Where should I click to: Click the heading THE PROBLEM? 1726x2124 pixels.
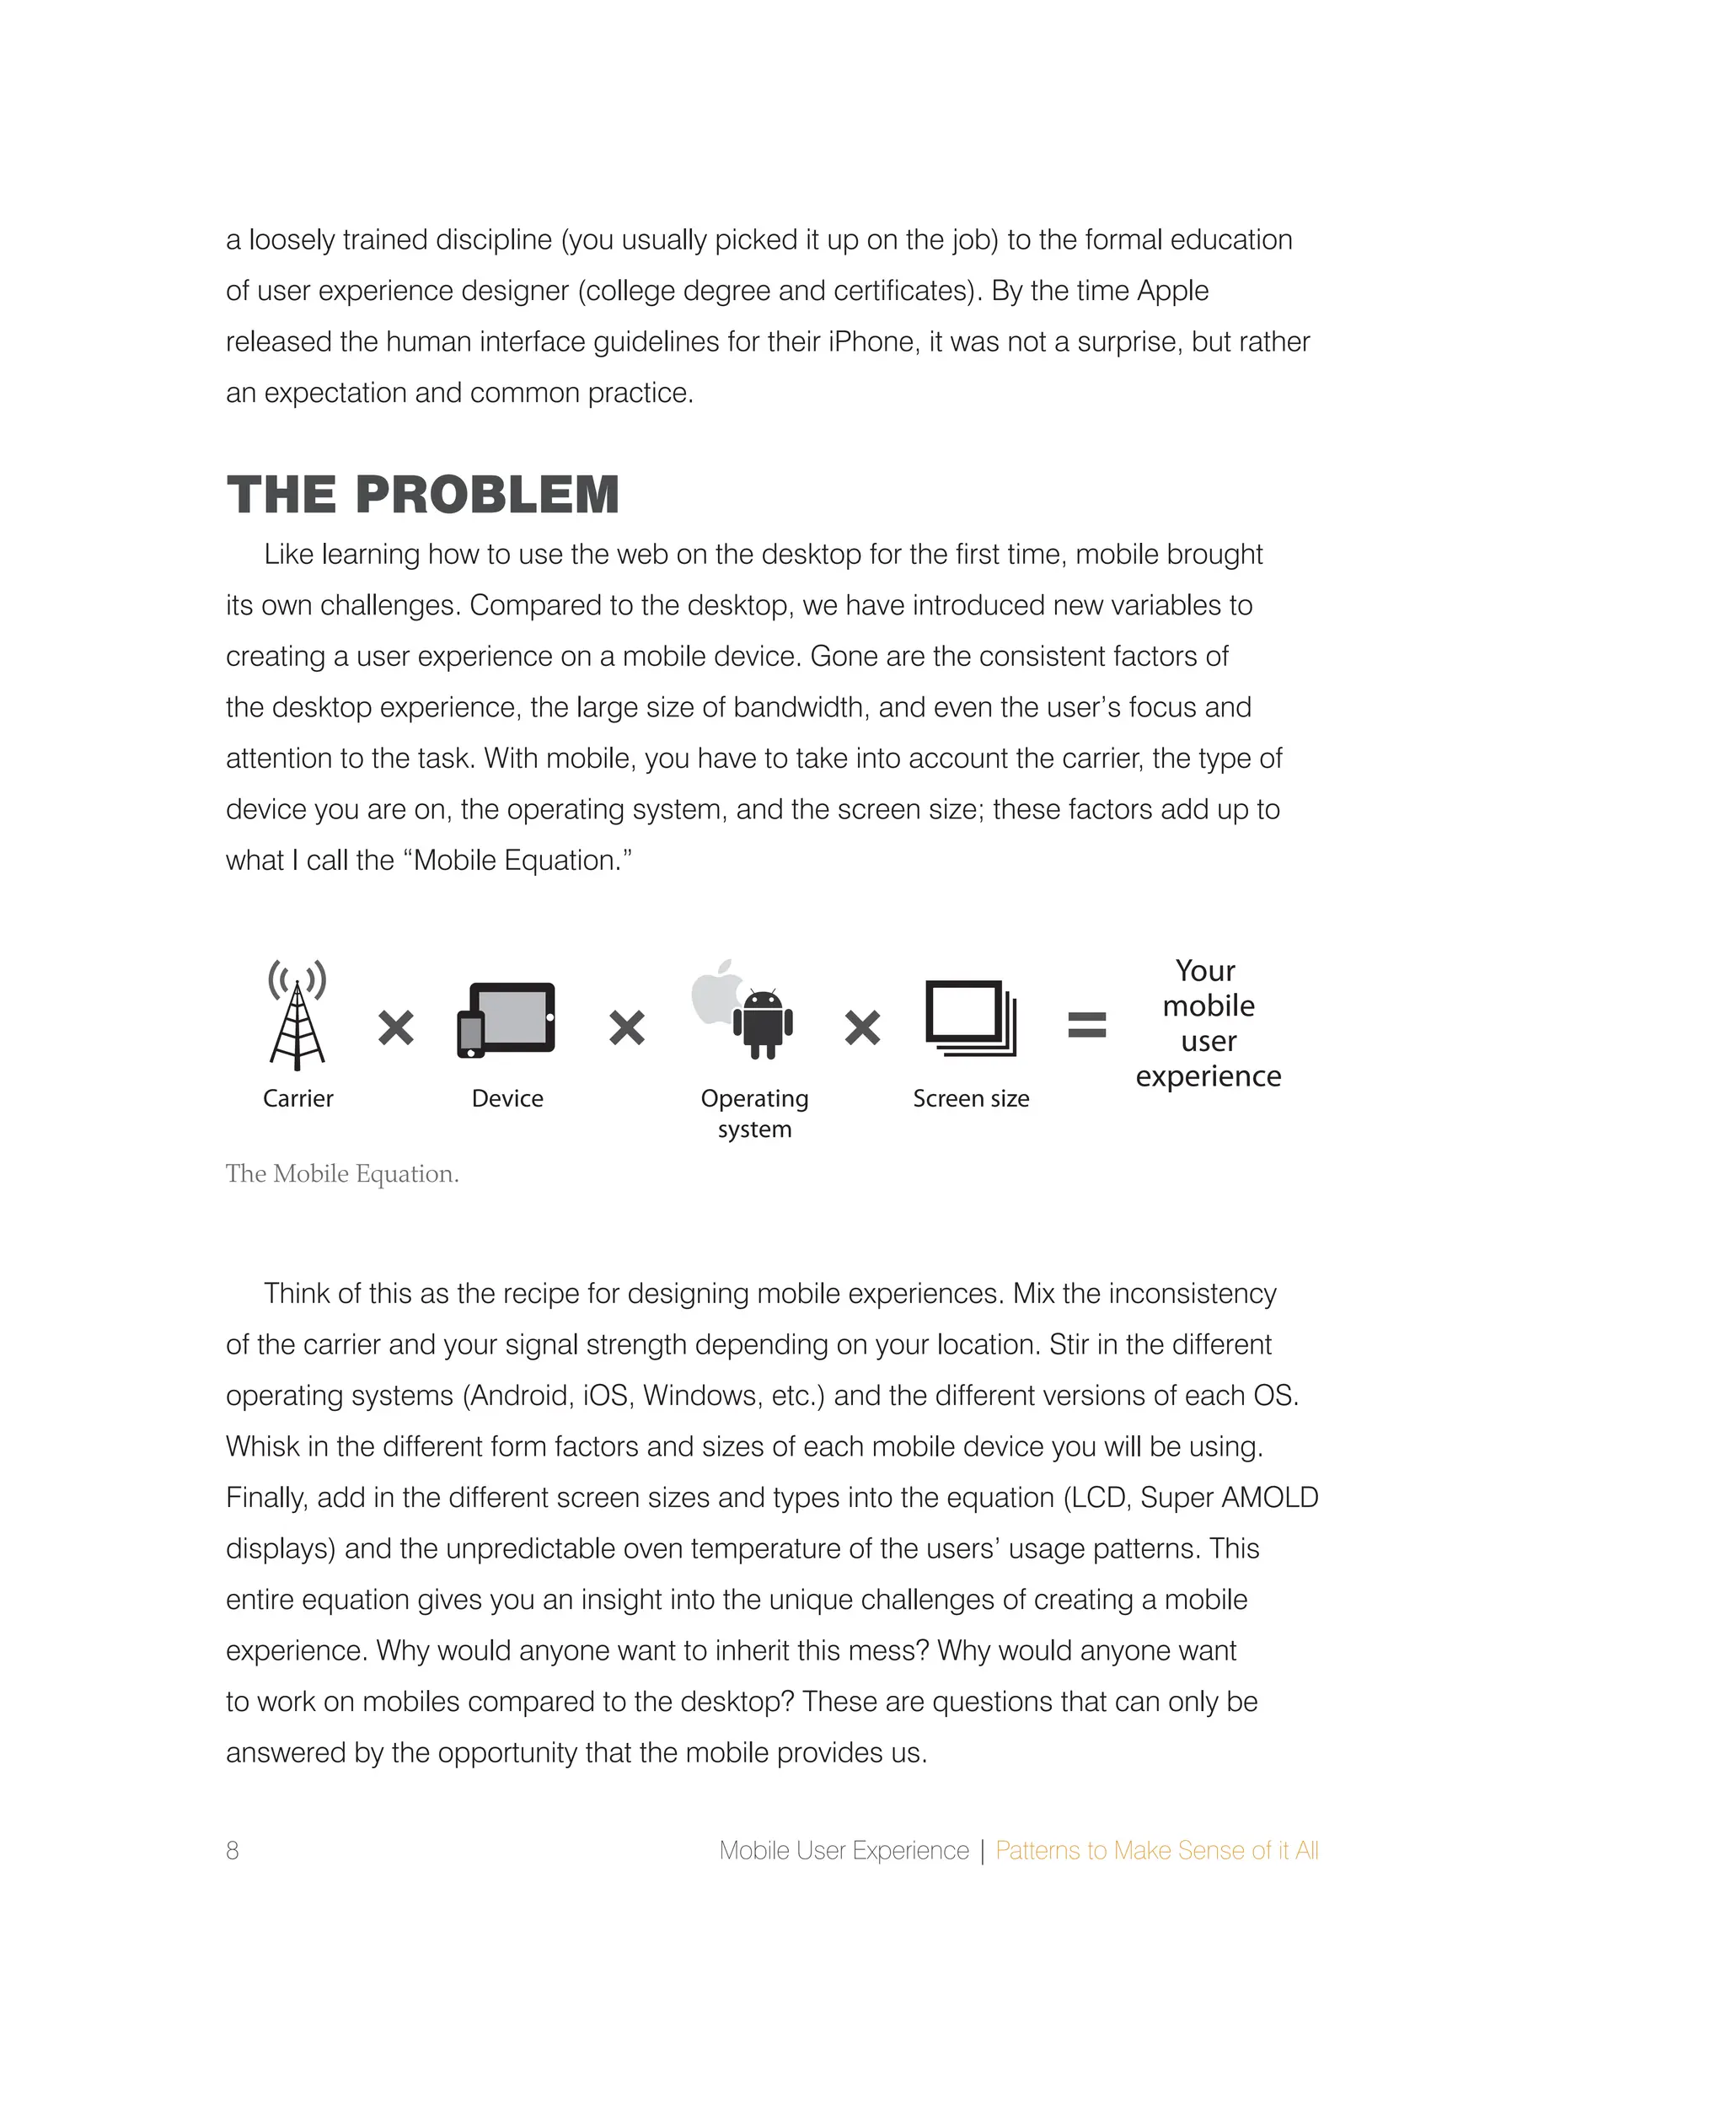point(422,496)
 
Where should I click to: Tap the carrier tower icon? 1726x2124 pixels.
point(297,1016)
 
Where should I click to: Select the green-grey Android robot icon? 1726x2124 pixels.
point(763,1024)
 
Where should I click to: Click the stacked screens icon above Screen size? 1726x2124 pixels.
point(970,1019)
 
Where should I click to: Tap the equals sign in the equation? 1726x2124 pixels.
point(1086,1025)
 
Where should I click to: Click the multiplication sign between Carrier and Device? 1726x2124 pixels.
point(396,1027)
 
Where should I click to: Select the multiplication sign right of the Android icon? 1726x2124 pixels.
point(862,1027)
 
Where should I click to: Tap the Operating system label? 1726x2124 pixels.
point(753,1113)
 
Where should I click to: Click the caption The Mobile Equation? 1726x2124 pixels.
point(342,1173)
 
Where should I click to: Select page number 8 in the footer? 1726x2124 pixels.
point(232,1851)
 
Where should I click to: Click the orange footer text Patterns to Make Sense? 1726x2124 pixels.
point(1156,1851)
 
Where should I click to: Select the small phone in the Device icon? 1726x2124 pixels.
point(470,1034)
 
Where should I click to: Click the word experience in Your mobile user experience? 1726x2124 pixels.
point(1208,1076)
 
